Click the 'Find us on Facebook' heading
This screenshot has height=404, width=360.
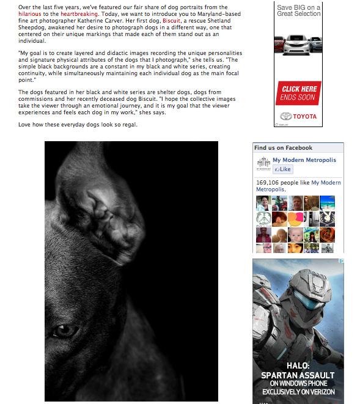click(283, 148)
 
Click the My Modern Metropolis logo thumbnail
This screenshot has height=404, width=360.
click(262, 165)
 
